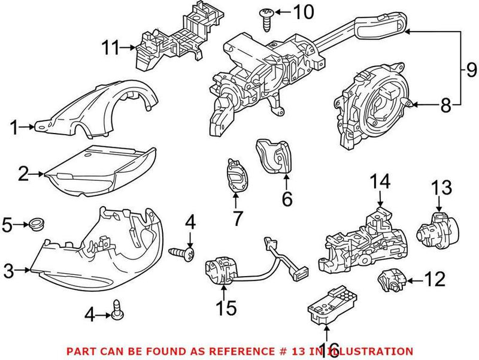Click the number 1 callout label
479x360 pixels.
point(15,126)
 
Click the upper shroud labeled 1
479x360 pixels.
point(99,111)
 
